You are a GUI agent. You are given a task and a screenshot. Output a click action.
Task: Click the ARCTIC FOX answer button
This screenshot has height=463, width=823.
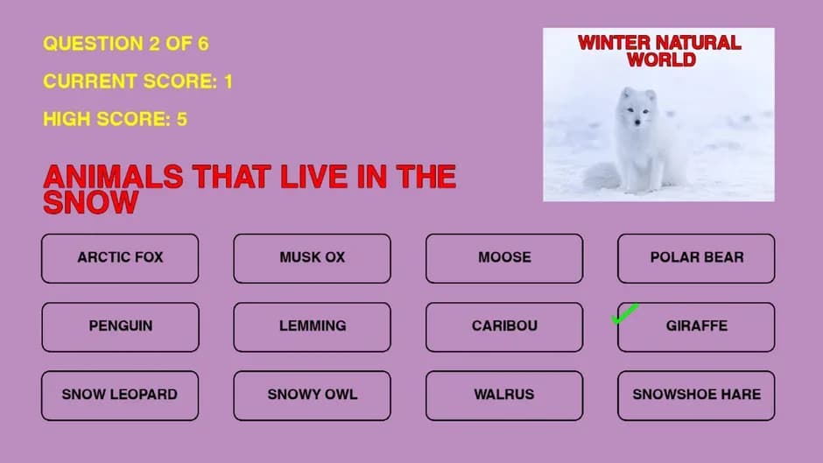120,258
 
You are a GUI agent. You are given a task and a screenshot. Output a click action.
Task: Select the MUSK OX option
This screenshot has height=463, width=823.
313,258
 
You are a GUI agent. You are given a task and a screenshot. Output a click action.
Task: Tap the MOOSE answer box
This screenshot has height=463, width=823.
504,258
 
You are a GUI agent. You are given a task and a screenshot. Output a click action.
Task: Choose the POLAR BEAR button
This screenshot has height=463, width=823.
696,258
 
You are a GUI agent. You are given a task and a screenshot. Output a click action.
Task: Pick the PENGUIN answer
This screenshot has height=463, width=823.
120,327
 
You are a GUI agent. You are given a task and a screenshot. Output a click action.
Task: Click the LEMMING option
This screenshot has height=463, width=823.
313,327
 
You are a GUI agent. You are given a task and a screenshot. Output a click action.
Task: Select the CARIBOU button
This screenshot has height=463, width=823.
504,327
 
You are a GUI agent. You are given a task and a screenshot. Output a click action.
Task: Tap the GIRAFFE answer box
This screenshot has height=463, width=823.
696,327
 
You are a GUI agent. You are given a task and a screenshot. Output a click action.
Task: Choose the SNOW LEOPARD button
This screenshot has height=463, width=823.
120,396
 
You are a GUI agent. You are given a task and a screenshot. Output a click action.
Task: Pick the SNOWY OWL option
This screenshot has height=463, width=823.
313,396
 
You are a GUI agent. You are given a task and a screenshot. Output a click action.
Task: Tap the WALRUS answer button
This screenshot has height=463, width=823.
504,396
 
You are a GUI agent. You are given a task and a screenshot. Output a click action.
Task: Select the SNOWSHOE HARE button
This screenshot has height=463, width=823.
696,396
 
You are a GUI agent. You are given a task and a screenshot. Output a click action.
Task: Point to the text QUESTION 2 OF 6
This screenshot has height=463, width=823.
126,44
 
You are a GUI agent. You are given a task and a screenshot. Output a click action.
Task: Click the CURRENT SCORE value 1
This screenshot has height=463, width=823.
229,81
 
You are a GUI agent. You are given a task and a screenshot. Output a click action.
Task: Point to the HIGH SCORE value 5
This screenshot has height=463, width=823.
181,119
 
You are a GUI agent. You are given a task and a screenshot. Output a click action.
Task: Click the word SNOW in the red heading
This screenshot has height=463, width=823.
91,202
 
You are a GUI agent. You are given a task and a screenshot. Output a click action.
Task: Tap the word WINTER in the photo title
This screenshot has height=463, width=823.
614,43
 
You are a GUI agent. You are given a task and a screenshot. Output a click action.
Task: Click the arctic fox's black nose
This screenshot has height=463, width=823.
637,123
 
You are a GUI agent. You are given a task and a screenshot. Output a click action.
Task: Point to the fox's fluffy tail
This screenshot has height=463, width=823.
602,177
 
